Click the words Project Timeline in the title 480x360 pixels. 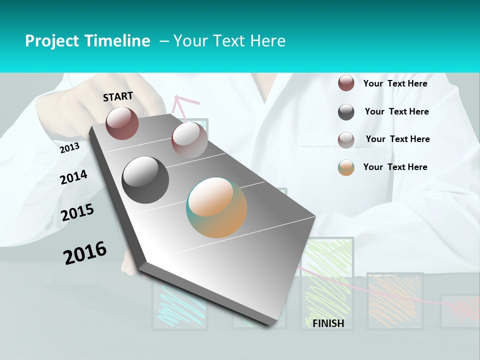[x=87, y=41]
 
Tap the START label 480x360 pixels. [x=118, y=96]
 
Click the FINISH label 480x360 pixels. [x=328, y=323]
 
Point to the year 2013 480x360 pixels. [x=69, y=148]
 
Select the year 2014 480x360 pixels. [x=73, y=177]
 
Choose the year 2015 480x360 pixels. [x=77, y=212]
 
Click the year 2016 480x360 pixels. [x=85, y=252]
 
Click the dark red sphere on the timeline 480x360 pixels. [x=122, y=123]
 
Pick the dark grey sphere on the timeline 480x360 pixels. [x=145, y=180]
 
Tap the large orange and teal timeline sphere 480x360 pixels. [x=216, y=207]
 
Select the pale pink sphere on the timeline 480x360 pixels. [x=189, y=140]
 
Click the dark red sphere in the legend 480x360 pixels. [x=346, y=83]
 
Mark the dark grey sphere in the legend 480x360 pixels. [x=346, y=112]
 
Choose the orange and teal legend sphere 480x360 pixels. [x=346, y=167]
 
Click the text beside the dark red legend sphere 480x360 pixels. [x=395, y=83]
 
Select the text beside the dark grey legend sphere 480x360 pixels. [x=396, y=111]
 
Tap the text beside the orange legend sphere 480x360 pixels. [x=395, y=167]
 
